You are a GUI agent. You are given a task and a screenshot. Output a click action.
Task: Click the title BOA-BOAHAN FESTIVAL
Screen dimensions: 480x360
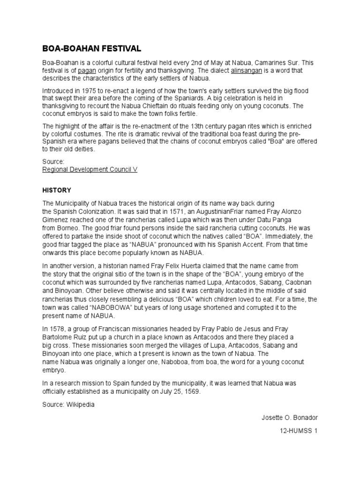(x=91, y=48)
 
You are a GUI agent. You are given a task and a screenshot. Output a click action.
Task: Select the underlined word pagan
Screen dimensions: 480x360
(x=87, y=70)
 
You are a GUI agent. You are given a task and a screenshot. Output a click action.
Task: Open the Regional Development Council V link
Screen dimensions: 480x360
(x=90, y=169)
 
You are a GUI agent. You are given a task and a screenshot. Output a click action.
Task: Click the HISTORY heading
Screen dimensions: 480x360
(x=57, y=190)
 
